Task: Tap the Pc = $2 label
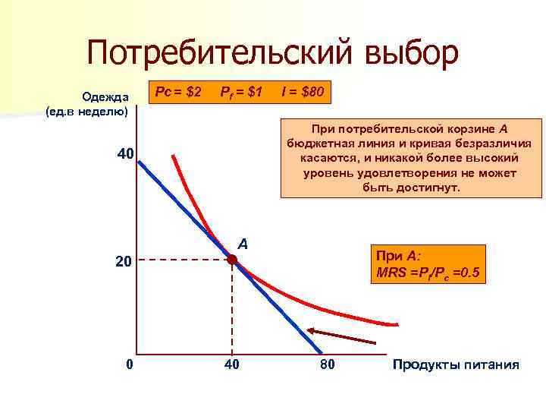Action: point(177,93)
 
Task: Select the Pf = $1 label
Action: point(240,93)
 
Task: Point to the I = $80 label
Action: point(303,93)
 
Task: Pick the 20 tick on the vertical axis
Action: point(123,261)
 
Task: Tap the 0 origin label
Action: point(130,365)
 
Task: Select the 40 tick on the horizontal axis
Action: point(232,365)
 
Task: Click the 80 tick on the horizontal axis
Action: point(327,365)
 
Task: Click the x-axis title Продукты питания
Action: point(456,365)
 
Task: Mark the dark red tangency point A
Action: point(232,260)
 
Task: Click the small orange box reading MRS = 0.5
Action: point(427,263)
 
